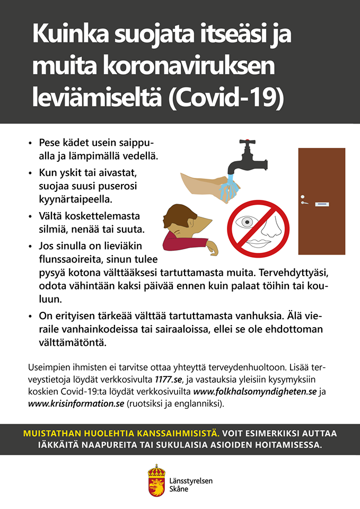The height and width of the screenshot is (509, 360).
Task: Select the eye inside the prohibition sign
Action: [x=245, y=222]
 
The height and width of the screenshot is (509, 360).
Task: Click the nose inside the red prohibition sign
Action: [x=269, y=226]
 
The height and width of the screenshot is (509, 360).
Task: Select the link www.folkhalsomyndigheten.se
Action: [x=254, y=392]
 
